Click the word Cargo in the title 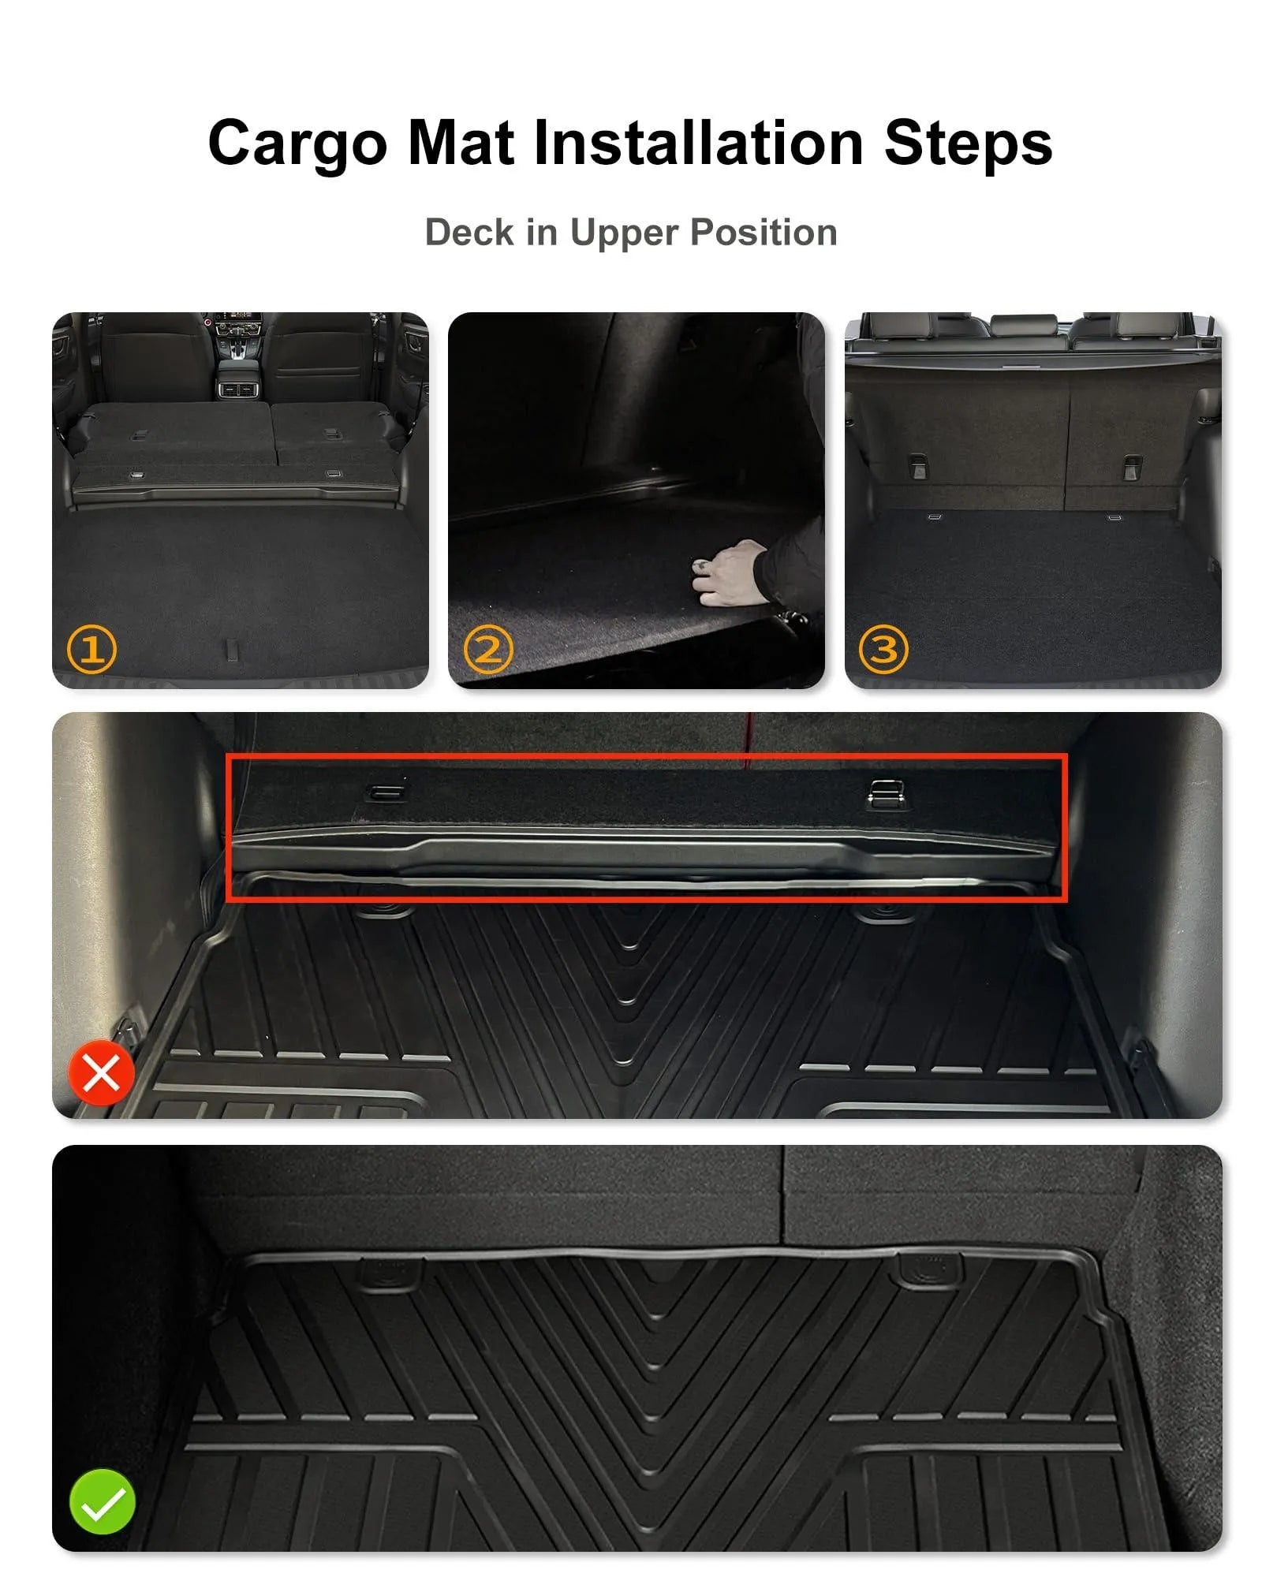click(297, 144)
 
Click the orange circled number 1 click(91, 650)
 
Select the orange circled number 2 click(488, 650)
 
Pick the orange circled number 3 click(883, 649)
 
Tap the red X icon click(101, 1073)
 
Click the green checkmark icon click(102, 1501)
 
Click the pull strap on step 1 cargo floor click(231, 648)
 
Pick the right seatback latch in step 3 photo click(1132, 466)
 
